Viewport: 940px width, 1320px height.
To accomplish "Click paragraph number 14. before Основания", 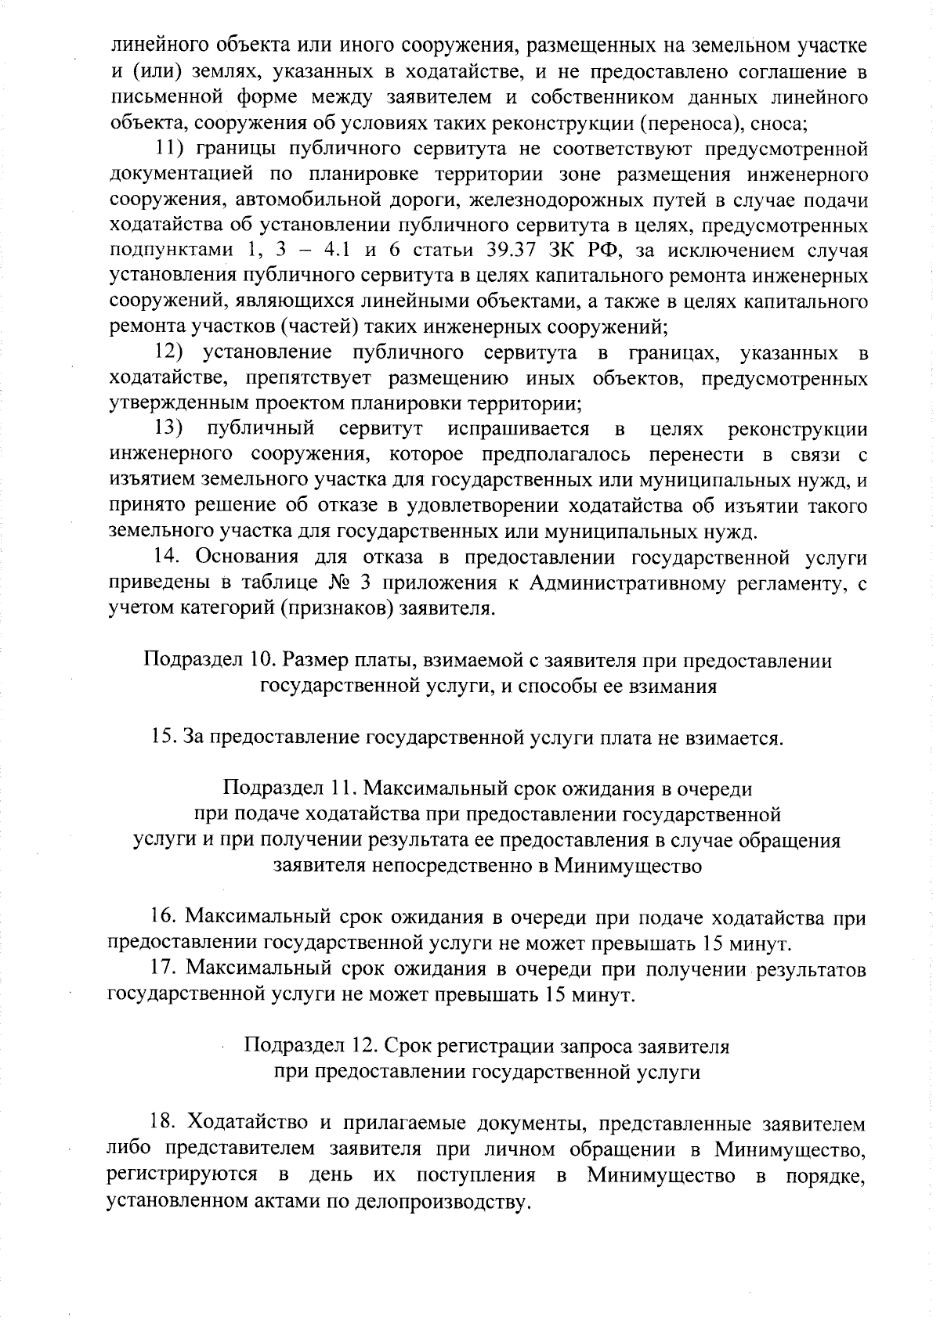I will pyautogui.click(x=167, y=557).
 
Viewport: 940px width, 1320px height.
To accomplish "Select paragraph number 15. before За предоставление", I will pyautogui.click(x=164, y=737).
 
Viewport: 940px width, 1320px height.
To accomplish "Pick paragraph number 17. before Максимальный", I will pyautogui.click(x=165, y=969).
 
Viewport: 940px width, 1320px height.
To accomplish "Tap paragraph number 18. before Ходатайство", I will pyautogui.click(x=165, y=1123).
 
